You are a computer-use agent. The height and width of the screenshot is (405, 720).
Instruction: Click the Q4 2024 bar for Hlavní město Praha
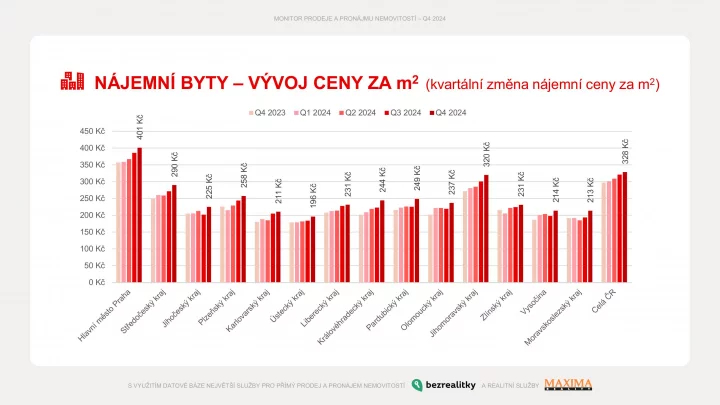pos(140,215)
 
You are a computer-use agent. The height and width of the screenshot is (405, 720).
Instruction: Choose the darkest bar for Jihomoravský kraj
pos(487,229)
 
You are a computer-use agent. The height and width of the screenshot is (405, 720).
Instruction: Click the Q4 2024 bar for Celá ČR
pos(626,227)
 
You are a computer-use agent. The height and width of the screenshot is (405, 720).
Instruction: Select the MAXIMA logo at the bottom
pos(568,384)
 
